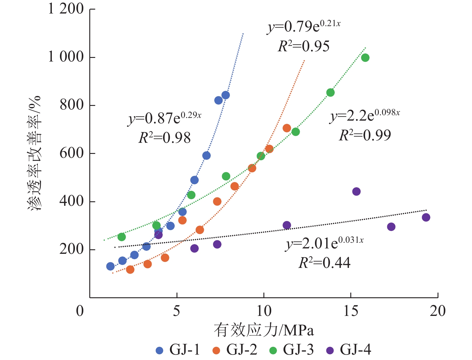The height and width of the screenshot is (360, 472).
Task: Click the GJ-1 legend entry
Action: click(178, 350)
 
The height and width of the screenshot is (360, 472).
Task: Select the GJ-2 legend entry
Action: click(235, 350)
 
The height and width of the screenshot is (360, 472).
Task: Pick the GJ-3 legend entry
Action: click(292, 350)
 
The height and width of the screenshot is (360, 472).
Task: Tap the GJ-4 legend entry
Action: click(349, 350)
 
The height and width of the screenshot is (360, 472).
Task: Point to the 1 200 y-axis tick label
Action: click(66, 9)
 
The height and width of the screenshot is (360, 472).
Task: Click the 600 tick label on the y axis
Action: click(71, 153)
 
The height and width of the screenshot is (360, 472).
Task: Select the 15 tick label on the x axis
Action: click(351, 311)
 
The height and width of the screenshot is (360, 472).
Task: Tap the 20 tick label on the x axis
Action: click(438, 311)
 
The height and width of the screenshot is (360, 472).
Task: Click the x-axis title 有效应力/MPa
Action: click(264, 330)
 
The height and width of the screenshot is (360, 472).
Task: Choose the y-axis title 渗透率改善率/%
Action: click(34, 153)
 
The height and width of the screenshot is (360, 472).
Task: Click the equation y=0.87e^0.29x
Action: click(165, 118)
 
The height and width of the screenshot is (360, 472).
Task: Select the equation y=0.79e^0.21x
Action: click(304, 26)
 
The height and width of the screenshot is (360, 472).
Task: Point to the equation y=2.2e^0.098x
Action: click(365, 115)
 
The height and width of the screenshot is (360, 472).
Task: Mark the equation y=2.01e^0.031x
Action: click(324, 243)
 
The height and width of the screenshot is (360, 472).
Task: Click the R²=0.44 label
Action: click(324, 263)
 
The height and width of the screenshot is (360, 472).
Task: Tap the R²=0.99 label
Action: click(365, 135)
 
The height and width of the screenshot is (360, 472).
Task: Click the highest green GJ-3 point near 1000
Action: click(365, 58)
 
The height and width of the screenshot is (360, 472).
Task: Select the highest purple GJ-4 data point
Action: click(356, 191)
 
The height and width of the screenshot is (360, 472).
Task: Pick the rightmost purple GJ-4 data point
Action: click(426, 217)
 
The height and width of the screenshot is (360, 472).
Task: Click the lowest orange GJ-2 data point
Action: click(130, 269)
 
